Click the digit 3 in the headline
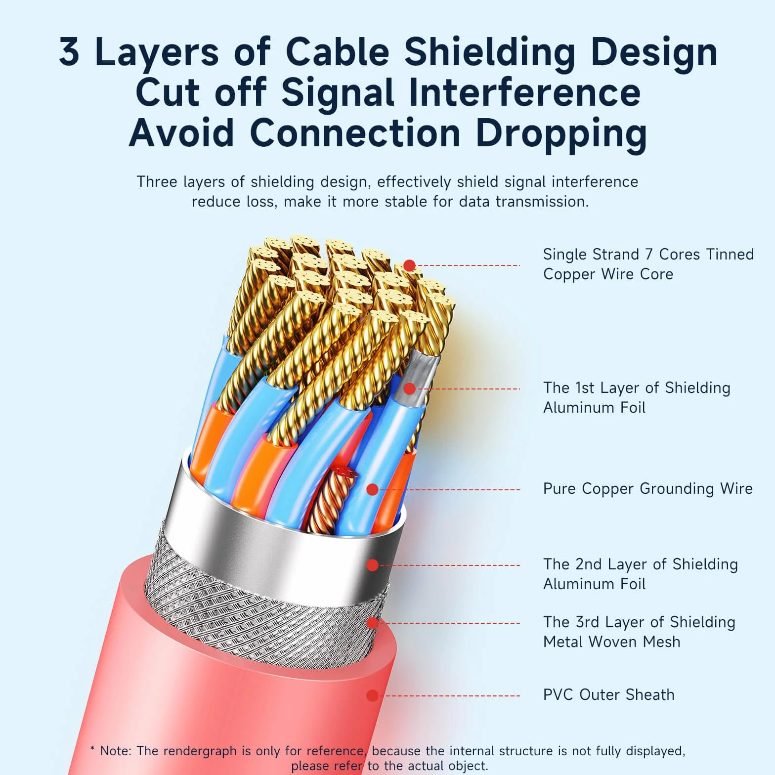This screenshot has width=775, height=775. click(x=69, y=52)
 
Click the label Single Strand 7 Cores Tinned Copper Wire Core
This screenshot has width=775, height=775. click(x=648, y=264)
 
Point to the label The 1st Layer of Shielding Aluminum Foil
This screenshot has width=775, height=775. click(x=637, y=397)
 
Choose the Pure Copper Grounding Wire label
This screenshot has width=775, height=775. click(x=648, y=488)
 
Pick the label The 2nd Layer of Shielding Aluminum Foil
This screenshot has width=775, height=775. click(x=641, y=574)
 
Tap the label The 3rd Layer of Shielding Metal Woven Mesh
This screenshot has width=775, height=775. click(x=639, y=632)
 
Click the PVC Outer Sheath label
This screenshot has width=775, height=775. click(x=608, y=694)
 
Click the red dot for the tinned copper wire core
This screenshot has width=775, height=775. click(x=409, y=265)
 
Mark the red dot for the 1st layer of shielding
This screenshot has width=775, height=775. click(x=409, y=389)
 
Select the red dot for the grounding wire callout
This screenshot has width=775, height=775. click(x=372, y=489)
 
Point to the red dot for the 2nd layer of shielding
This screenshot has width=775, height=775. click(x=372, y=565)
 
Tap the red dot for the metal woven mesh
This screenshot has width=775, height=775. click(x=372, y=623)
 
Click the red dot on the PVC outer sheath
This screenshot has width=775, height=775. click(x=372, y=695)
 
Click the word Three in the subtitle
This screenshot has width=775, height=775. click(x=157, y=182)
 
